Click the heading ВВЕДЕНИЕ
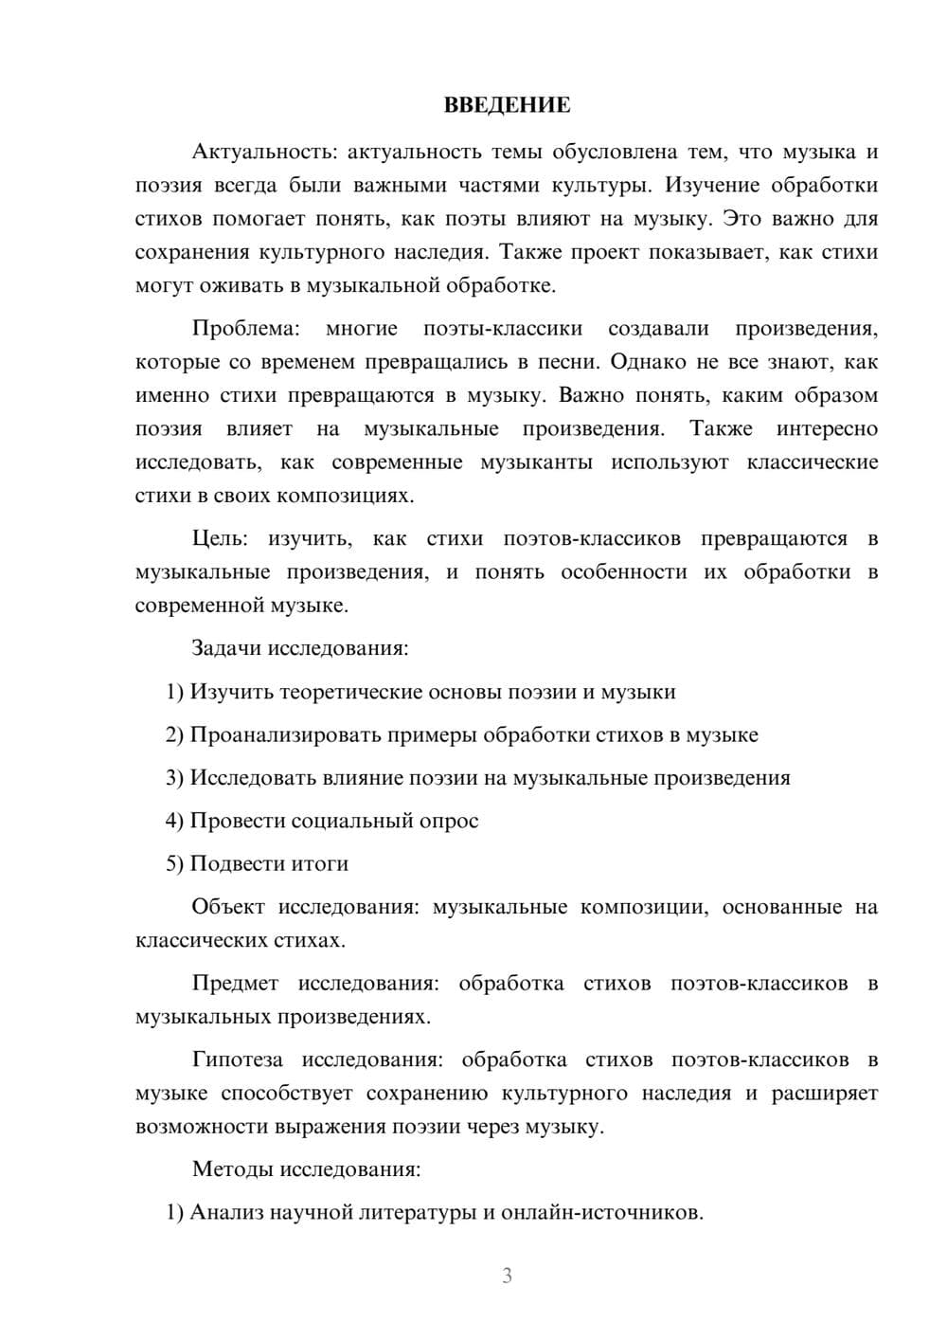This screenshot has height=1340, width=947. (x=507, y=105)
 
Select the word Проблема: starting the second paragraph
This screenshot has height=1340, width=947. (x=245, y=329)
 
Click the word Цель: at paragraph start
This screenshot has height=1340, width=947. (x=220, y=539)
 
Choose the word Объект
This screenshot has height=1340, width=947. (x=228, y=907)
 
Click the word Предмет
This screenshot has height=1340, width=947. (x=235, y=984)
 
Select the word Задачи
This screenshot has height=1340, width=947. (x=226, y=649)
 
